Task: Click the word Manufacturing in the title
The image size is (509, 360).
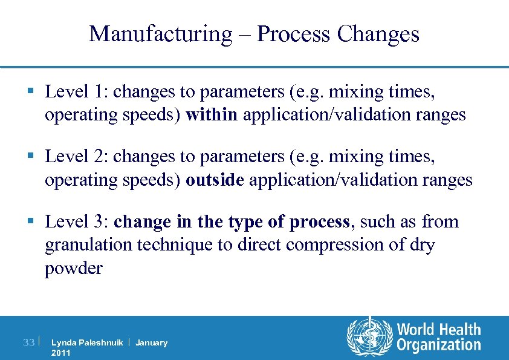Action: click(160, 34)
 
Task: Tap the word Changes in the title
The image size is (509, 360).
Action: click(378, 34)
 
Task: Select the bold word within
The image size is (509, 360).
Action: click(212, 115)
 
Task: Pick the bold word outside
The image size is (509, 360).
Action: click(215, 180)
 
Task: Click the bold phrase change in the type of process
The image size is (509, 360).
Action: click(232, 222)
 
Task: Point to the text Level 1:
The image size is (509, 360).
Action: click(76, 92)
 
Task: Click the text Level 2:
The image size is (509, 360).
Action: click(76, 157)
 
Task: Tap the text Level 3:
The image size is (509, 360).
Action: click(76, 222)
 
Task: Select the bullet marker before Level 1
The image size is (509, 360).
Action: click(30, 93)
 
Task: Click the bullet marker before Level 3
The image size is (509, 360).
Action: click(30, 223)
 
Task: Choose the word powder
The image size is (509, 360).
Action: click(73, 268)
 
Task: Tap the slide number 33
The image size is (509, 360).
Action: click(28, 343)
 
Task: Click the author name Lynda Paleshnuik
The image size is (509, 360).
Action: click(87, 343)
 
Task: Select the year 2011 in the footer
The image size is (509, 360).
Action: click(61, 353)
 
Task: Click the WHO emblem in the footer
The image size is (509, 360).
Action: click(369, 338)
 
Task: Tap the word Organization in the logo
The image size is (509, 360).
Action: click(438, 345)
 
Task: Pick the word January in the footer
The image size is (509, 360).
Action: click(151, 343)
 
